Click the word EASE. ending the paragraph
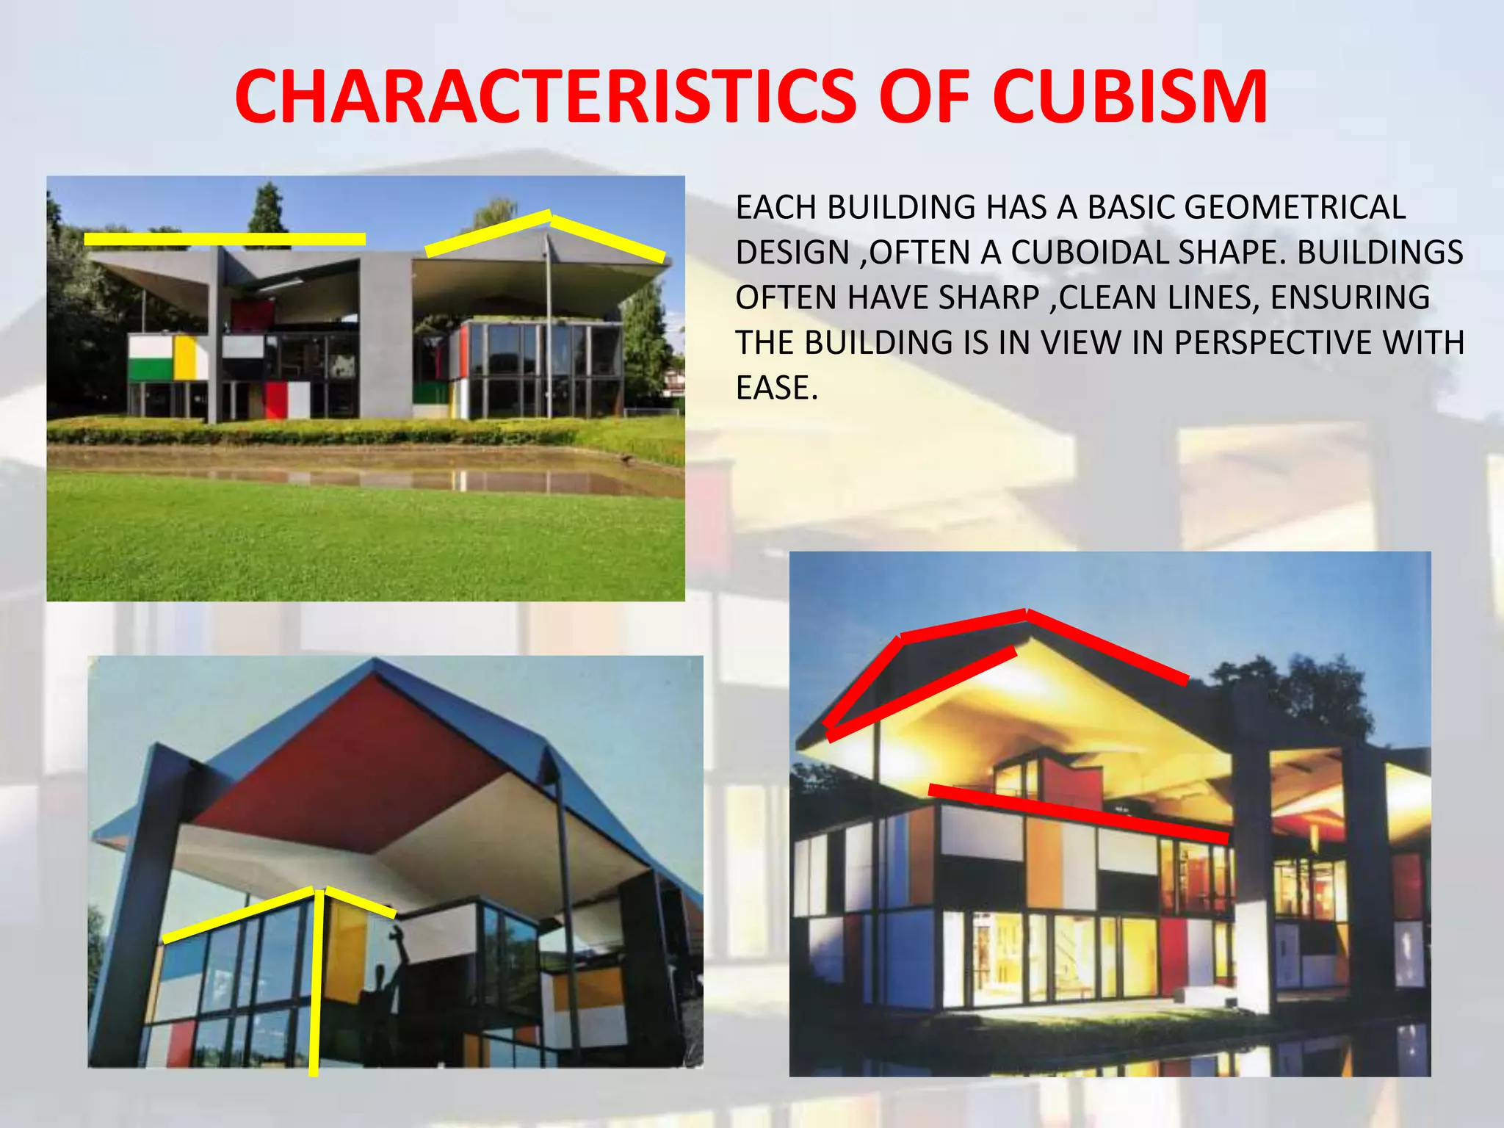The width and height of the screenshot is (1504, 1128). [x=776, y=388]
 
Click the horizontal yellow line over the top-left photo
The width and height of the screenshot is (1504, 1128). [x=225, y=239]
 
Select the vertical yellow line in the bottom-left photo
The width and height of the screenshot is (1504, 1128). [x=314, y=984]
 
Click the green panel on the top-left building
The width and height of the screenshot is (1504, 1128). [x=149, y=369]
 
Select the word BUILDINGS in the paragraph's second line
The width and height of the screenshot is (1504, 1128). [x=1380, y=253]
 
